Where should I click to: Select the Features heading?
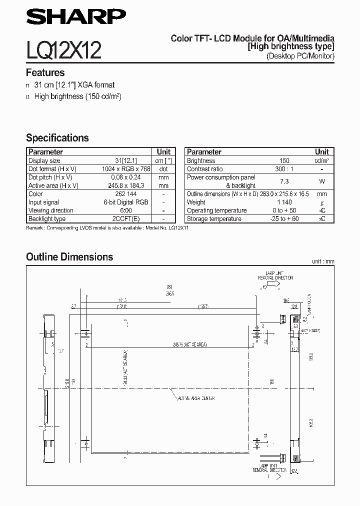tap(45, 72)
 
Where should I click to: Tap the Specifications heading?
tap(57, 138)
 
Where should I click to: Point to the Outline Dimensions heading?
tap(69, 257)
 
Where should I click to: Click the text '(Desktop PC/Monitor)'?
tap(300, 56)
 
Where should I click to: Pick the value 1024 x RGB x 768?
tap(125, 169)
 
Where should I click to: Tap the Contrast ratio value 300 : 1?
tap(284, 169)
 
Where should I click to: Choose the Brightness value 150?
tap(284, 161)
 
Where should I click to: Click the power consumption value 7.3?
tap(284, 181)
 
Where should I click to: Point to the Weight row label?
tap(196, 202)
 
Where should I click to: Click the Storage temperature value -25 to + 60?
tap(284, 219)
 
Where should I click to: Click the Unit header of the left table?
tap(163, 151)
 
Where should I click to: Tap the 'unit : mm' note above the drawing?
tap(322, 261)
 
